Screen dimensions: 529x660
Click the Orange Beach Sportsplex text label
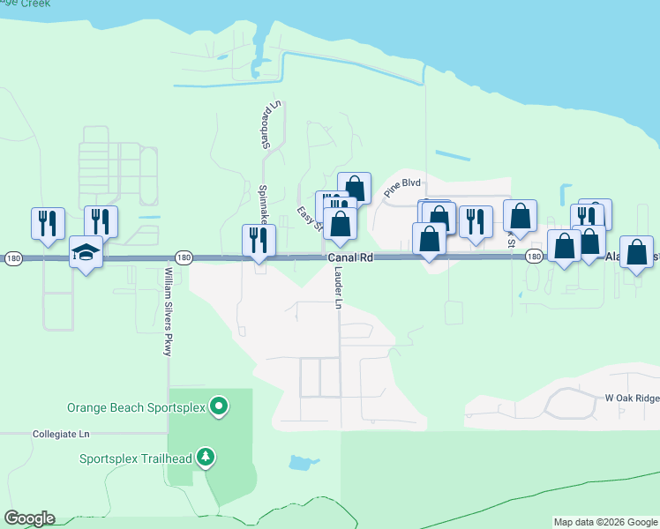(x=137, y=407)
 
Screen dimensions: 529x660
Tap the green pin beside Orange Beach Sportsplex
(x=220, y=407)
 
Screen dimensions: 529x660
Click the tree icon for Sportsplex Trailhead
(x=206, y=457)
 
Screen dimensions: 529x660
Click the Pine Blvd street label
(x=402, y=189)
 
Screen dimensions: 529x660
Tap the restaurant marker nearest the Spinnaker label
(x=259, y=240)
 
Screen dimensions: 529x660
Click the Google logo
(x=29, y=518)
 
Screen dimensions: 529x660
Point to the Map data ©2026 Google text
(x=605, y=522)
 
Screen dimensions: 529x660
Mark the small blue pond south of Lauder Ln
(x=303, y=462)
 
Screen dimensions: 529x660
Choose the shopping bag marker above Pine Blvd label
(x=354, y=188)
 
